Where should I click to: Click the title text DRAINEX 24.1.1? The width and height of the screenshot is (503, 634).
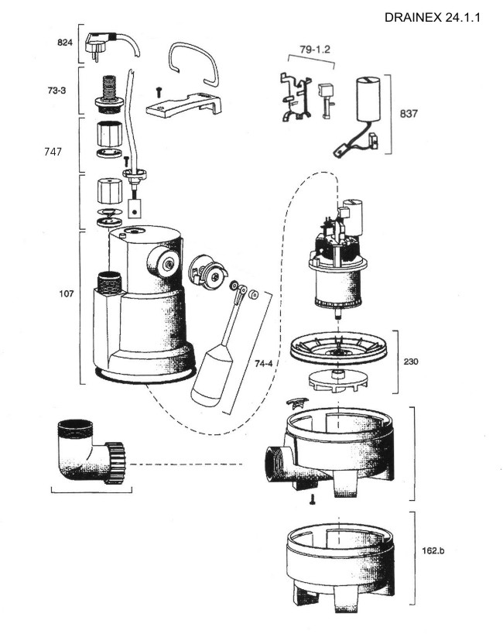pyautogui.click(x=432, y=18)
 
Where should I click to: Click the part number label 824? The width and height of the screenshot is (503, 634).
pyautogui.click(x=65, y=43)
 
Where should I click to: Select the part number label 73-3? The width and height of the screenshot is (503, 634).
pyautogui.click(x=56, y=91)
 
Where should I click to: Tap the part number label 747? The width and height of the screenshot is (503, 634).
pyautogui.click(x=53, y=152)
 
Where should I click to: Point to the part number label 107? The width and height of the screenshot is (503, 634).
pyautogui.click(x=67, y=293)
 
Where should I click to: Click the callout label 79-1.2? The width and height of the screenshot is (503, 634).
pyautogui.click(x=315, y=50)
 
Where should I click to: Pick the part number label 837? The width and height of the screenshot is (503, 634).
pyautogui.click(x=409, y=114)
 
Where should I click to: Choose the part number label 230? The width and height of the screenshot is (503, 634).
pyautogui.click(x=411, y=362)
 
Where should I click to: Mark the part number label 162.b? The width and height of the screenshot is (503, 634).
pyautogui.click(x=433, y=550)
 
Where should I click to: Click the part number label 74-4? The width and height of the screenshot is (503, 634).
pyautogui.click(x=264, y=364)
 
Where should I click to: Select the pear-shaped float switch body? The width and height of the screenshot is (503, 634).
pyautogui.click(x=212, y=375)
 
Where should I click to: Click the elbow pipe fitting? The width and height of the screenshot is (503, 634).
pyautogui.click(x=91, y=451)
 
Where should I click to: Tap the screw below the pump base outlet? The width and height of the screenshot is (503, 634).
pyautogui.click(x=312, y=499)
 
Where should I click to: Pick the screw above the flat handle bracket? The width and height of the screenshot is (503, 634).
pyautogui.click(x=159, y=91)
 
